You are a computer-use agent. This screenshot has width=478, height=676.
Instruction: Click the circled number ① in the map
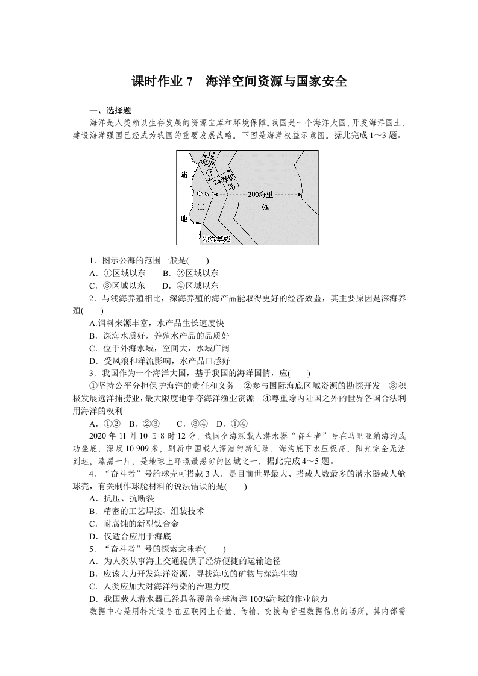(201, 207)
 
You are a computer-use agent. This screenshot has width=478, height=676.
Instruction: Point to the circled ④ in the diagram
(266, 207)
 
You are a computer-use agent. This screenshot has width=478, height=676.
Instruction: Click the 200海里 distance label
(260, 195)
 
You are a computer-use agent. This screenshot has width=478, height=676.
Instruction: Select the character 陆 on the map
(184, 175)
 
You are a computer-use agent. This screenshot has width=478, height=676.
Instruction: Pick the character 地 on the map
(184, 219)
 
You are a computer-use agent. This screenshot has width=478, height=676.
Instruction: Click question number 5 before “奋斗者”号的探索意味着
(92, 549)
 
